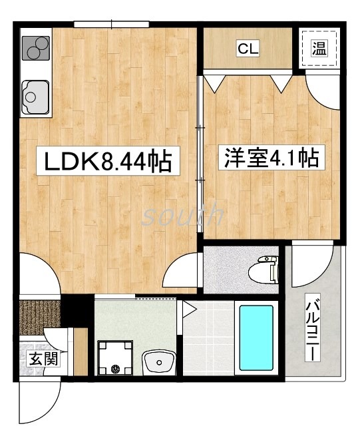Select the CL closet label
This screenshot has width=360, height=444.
[248, 48]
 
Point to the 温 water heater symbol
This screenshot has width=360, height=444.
[319, 47]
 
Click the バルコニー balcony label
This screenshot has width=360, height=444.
[311, 330]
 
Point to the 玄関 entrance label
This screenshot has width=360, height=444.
[41, 359]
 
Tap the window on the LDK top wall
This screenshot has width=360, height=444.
[111, 25]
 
